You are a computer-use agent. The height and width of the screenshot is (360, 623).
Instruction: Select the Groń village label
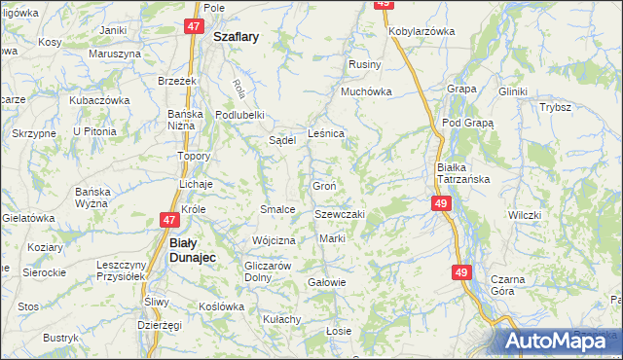pos(324,187)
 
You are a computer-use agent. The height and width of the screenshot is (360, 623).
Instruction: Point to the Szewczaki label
pos(339,214)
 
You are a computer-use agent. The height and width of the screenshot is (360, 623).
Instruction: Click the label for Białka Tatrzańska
pos(462,173)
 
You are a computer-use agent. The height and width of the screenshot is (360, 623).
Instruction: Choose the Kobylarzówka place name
pos(421,31)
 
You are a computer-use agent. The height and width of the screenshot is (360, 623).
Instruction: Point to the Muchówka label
pos(366,92)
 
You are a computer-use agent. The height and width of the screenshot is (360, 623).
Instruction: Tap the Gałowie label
pos(327,282)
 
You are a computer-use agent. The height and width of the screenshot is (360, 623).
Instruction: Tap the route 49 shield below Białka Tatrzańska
pos(441,202)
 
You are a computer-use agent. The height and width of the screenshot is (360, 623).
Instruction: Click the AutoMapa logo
pos(555,342)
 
